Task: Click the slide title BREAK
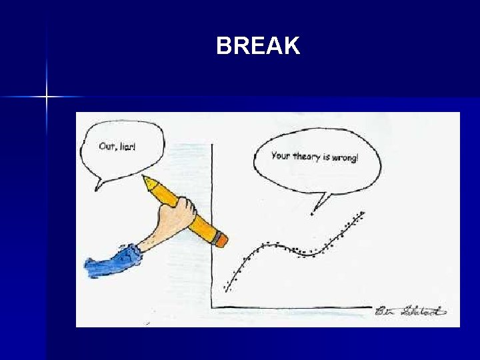click(258, 46)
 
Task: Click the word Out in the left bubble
click(106, 146)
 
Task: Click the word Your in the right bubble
click(281, 156)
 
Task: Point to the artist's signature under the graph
click(411, 311)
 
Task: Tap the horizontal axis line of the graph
click(293, 308)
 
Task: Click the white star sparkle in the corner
click(47, 97)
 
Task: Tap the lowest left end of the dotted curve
click(226, 290)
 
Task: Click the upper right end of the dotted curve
click(363, 213)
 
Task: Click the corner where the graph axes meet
click(212, 308)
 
